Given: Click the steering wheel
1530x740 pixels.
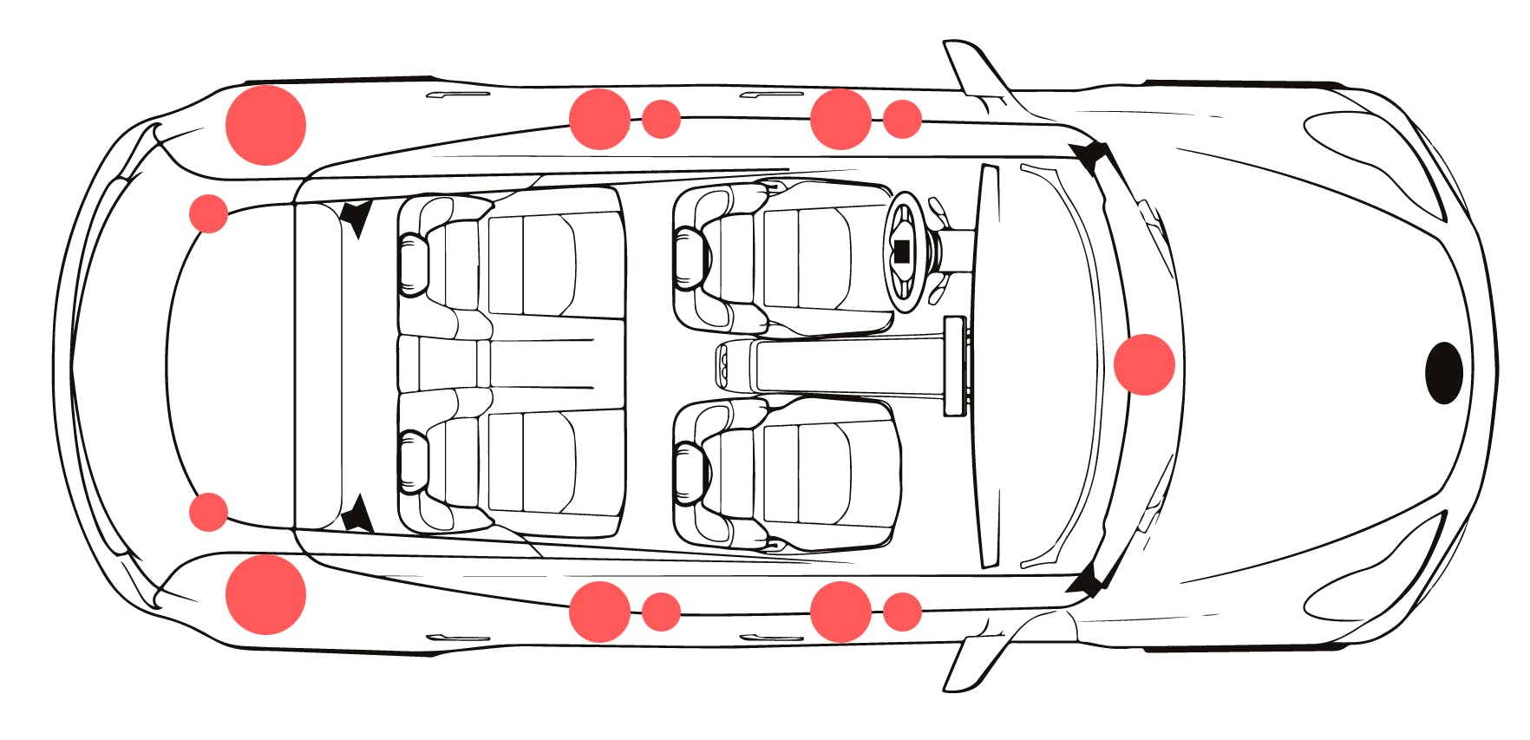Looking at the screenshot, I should coord(906,252).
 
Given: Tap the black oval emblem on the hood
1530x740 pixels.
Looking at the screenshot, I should coord(1443,372).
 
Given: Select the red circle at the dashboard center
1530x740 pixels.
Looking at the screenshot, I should coord(1144,364).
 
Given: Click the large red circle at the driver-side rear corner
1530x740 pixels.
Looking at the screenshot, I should coord(265,125).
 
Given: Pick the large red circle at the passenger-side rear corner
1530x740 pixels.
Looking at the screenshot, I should coord(265,594).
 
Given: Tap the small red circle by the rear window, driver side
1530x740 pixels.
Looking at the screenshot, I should coord(208,213).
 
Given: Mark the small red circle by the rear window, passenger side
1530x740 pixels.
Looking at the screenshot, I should coord(208,512).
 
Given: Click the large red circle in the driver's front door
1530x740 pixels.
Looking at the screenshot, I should coord(840,119).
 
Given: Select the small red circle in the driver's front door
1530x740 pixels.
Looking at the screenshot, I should coord(902,119).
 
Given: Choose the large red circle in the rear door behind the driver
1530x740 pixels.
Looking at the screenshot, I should coord(599,119).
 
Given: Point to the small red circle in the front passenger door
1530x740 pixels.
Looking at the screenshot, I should coord(902,612).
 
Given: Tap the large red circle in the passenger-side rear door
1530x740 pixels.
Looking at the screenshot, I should coord(599,612).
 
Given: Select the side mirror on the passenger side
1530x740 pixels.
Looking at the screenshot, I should coord(971,664).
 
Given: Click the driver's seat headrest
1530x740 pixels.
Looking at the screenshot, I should coord(691,259).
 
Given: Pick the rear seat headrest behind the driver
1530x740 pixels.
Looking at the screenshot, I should coord(414,264).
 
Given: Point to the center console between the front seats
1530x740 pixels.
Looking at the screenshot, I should coord(833,365).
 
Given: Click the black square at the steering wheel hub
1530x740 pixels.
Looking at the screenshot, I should coord(901,252).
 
